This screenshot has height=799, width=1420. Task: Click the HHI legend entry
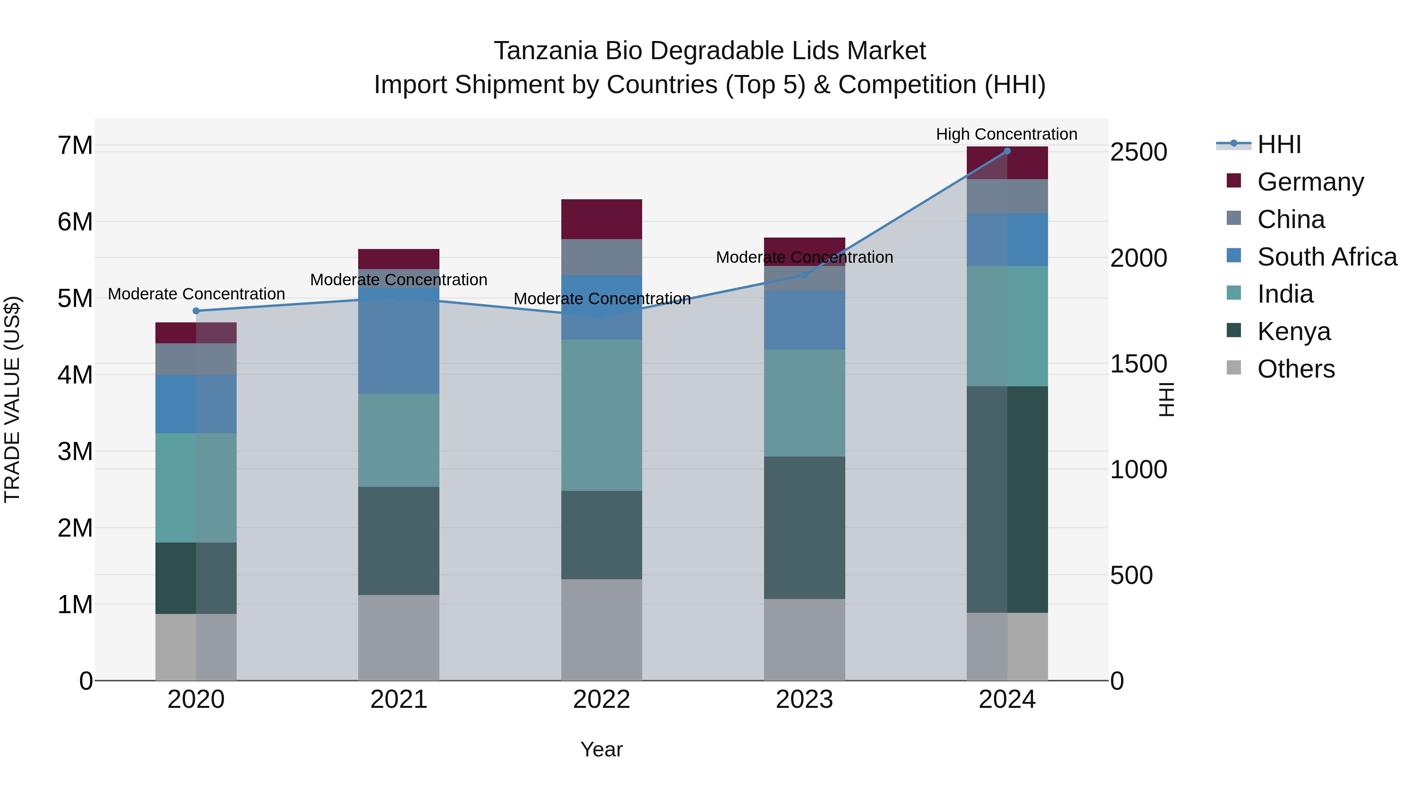tap(1279, 144)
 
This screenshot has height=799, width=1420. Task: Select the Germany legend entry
tap(1310, 182)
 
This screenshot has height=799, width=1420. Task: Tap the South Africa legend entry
tap(1326, 257)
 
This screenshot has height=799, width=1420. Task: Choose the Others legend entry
tap(1295, 369)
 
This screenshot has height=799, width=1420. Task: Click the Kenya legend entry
tap(1293, 331)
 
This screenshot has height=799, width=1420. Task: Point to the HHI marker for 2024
tap(1007, 151)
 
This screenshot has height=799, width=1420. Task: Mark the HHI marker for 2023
tap(804, 275)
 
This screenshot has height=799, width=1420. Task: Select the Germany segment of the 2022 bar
tap(602, 219)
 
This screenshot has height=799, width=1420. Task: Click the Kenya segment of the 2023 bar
tap(804, 527)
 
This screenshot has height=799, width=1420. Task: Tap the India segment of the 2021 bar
tap(398, 440)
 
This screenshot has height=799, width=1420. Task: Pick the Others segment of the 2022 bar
tap(602, 629)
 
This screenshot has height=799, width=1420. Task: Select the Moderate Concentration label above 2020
tap(196, 294)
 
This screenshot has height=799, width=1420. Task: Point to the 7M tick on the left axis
tap(75, 146)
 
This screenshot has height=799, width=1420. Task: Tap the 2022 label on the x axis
tap(602, 699)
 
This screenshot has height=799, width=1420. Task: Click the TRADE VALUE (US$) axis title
tap(12, 399)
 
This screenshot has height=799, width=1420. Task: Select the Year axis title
tap(602, 749)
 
